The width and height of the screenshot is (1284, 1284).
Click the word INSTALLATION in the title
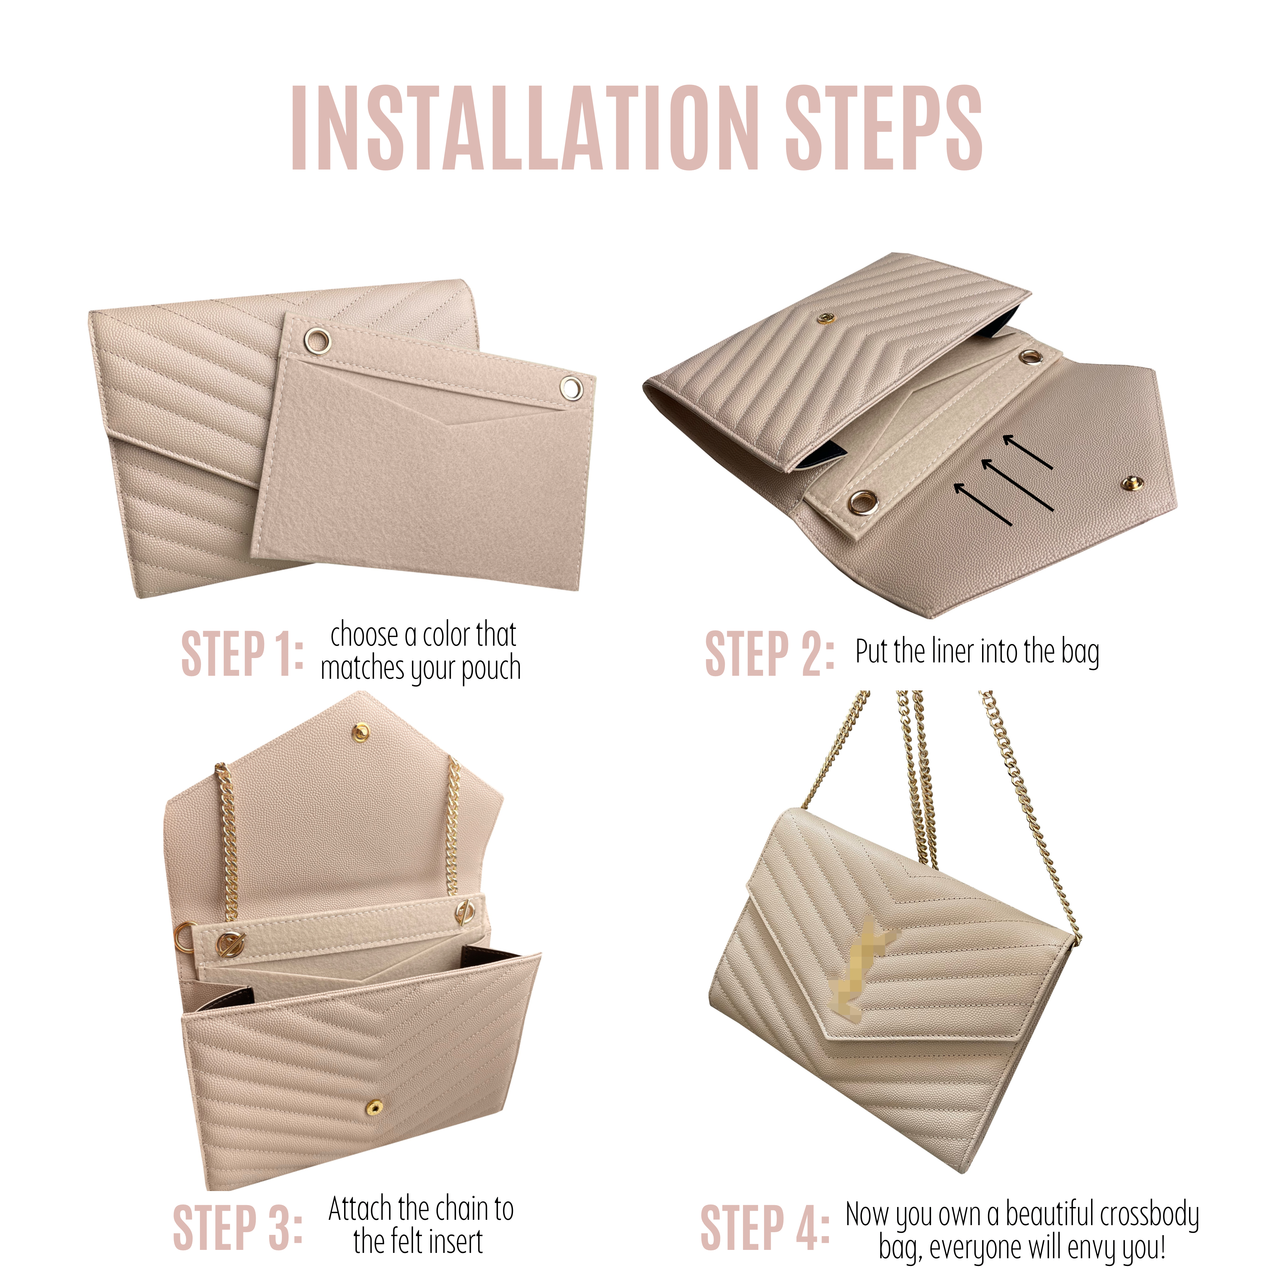coord(525,128)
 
